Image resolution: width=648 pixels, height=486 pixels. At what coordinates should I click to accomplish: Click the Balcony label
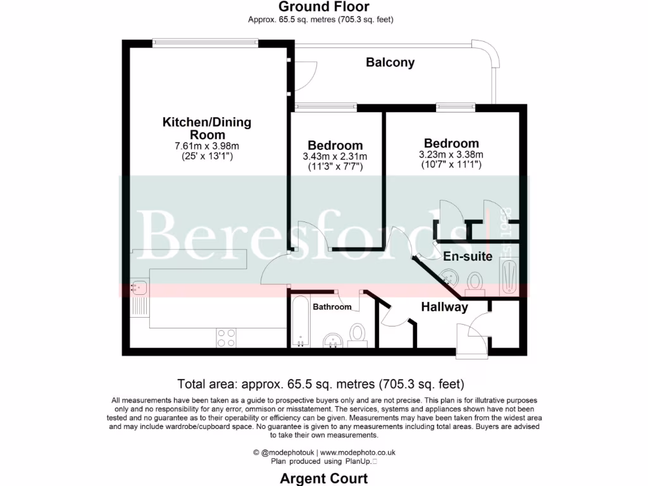[x=390, y=63]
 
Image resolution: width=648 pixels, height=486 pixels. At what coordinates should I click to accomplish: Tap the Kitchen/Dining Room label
[x=207, y=128]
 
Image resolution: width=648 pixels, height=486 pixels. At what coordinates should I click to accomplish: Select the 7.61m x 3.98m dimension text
[x=207, y=146]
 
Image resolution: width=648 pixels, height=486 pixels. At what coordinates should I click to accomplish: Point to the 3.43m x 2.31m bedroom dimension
[x=335, y=157]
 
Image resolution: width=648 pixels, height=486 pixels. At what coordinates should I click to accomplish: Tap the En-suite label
[x=468, y=257]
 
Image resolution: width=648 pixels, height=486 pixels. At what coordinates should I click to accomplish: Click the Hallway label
[x=444, y=308]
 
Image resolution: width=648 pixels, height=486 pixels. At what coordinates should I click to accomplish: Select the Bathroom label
[x=332, y=307]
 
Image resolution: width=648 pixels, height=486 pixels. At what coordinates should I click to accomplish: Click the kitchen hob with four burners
[x=226, y=337]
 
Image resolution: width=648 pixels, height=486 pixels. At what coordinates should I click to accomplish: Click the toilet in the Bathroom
[x=358, y=333]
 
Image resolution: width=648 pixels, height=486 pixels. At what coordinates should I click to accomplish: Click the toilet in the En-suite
[x=475, y=282]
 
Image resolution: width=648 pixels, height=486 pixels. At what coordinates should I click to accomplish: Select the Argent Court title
[x=324, y=478]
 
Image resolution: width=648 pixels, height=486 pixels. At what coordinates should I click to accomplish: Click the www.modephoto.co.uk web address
[x=358, y=452]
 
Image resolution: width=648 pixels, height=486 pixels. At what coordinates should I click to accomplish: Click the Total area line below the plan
[x=321, y=383]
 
